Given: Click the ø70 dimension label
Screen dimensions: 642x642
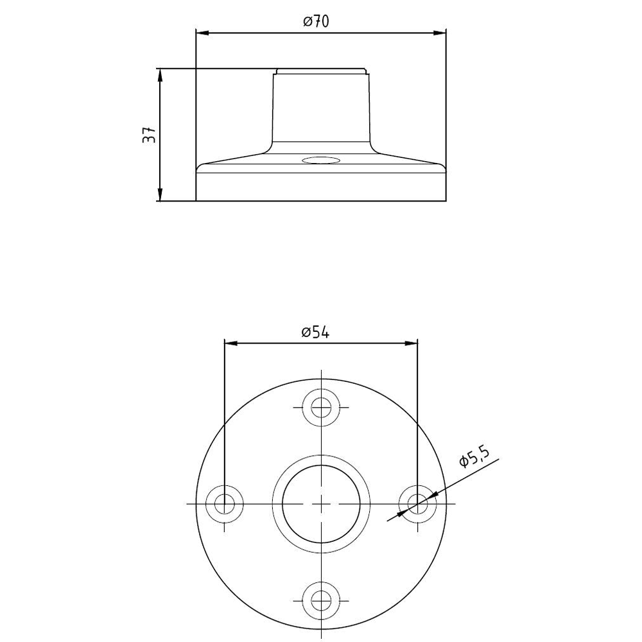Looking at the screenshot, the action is pos(316,21).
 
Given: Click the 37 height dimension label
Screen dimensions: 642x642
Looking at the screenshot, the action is pos(150,134).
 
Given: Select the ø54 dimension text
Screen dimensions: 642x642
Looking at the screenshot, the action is pos(315,333).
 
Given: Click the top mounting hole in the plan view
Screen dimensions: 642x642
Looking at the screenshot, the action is pos(322,408).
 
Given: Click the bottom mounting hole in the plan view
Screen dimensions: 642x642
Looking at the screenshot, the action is pos(322,601).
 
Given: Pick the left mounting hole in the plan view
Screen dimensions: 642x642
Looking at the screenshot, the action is pos(224,503).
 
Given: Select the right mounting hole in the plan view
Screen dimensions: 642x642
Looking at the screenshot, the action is pos(418,503).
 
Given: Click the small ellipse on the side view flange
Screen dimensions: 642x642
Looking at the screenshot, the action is pos(322,160).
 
